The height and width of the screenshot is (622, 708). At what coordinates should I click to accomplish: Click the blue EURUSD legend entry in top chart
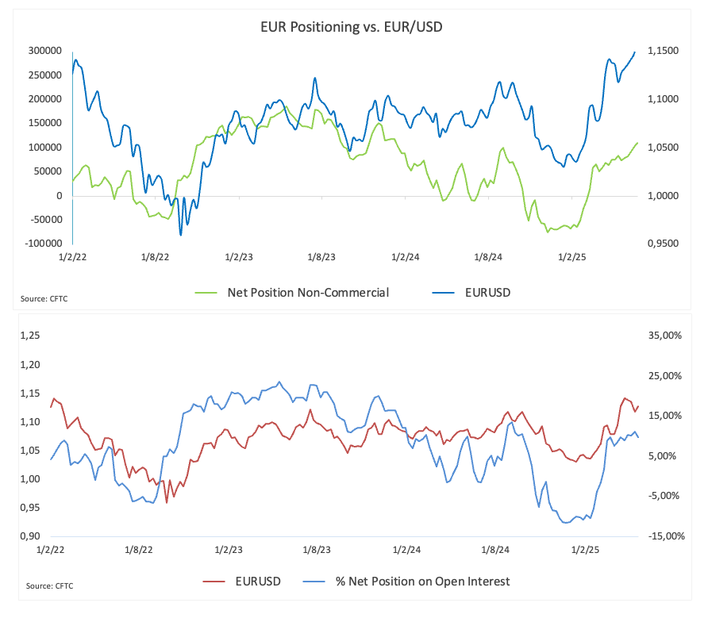tap(487, 293)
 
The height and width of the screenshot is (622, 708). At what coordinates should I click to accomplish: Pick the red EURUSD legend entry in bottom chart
tap(258, 582)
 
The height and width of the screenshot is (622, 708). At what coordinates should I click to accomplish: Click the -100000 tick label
tap(44, 244)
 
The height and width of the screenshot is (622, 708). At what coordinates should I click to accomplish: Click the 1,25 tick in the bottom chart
tap(29, 336)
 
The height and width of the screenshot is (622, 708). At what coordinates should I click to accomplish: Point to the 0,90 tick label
tap(29, 536)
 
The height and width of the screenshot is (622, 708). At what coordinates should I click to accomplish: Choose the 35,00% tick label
tap(665, 336)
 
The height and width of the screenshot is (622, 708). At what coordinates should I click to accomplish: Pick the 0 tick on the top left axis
tap(59, 196)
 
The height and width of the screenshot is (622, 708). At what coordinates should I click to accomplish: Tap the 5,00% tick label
tap(666, 456)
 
